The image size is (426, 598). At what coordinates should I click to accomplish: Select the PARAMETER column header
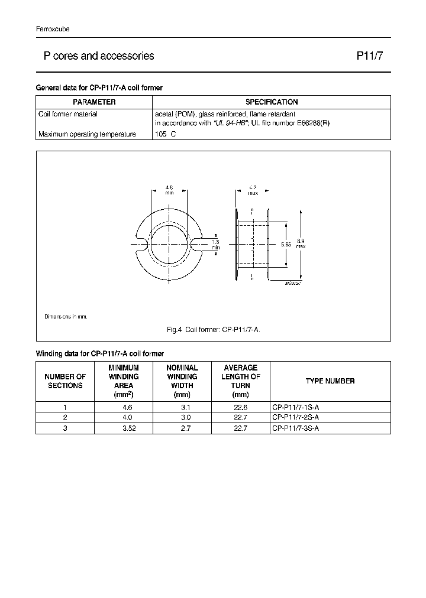point(94,102)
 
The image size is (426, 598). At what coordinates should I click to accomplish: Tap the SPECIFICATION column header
point(272,102)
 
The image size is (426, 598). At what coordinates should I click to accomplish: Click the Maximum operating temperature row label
point(87,134)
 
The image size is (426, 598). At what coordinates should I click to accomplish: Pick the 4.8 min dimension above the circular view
point(170,190)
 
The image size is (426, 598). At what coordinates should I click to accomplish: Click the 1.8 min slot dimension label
point(215,244)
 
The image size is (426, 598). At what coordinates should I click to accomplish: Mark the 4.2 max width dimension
point(253,190)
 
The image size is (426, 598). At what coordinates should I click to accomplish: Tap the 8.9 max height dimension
point(301,244)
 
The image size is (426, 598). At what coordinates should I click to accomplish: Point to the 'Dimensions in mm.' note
point(66,317)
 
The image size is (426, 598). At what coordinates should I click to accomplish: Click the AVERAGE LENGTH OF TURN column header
point(241,381)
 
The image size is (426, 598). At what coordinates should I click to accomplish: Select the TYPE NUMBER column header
point(330,381)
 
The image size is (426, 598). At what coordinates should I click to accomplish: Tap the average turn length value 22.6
point(241,407)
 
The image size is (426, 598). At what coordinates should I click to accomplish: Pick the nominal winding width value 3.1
point(182,407)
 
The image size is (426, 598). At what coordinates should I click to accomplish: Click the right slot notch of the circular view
point(197,243)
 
